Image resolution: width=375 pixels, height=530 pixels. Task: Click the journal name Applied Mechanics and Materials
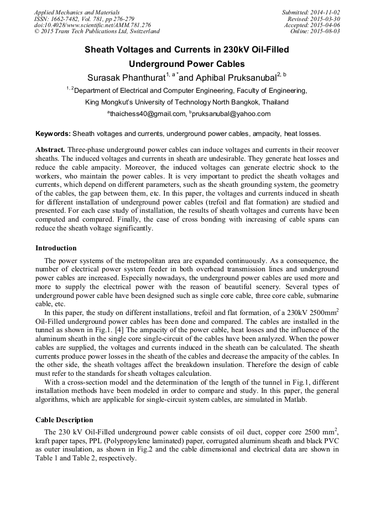point(76,12)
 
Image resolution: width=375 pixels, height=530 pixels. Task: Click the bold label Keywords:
point(53,134)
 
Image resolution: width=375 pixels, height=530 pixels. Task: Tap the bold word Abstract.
point(51,150)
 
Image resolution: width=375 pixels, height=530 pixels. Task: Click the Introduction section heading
point(56,248)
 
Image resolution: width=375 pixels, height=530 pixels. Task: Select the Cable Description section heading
point(64,420)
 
